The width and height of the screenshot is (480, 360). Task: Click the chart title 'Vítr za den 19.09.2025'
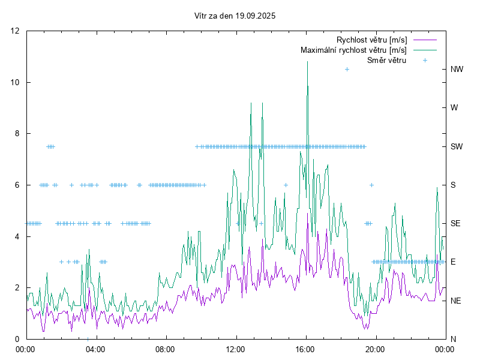pyautogui.click(x=235, y=16)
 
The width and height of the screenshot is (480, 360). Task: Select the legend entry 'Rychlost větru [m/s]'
pyautogui.click(x=372, y=40)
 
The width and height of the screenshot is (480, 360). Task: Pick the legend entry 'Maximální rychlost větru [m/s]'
pyautogui.click(x=354, y=50)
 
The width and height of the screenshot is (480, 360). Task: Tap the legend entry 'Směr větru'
pyautogui.click(x=387, y=60)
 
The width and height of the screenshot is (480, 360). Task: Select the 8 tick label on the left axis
pyautogui.click(x=18, y=134)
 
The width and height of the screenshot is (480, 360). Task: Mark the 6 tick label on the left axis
pyautogui.click(x=18, y=185)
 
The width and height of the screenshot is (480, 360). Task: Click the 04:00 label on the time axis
pyautogui.click(x=95, y=349)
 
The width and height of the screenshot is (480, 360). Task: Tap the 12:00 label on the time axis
pyautogui.click(x=236, y=349)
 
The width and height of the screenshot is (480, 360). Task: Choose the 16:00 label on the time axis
pyautogui.click(x=305, y=349)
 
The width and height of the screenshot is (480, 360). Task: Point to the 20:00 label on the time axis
pyautogui.click(x=376, y=349)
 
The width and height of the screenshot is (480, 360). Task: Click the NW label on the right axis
pyautogui.click(x=457, y=69)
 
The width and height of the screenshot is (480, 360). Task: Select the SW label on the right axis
pyautogui.click(x=457, y=146)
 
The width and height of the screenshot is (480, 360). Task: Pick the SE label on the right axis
pyautogui.click(x=455, y=223)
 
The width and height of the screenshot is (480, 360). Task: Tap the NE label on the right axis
pyautogui.click(x=456, y=301)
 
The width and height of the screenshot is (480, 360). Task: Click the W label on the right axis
pyautogui.click(x=454, y=108)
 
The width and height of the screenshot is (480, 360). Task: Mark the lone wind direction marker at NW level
pyautogui.click(x=347, y=70)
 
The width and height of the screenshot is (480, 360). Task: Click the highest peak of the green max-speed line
pyautogui.click(x=307, y=61)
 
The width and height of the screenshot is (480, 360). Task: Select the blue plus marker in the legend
pyautogui.click(x=425, y=60)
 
